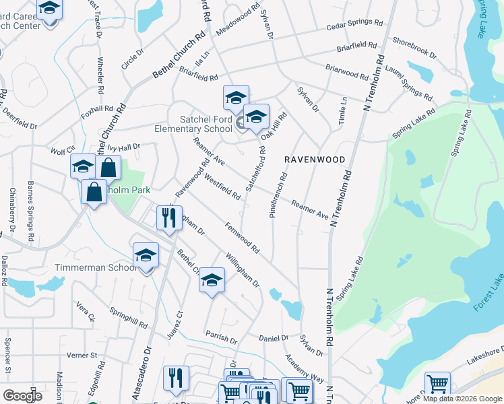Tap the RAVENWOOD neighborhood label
click(314, 160)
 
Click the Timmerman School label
click(104, 267)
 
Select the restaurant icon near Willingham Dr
click(168, 217)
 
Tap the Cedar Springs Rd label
click(354, 24)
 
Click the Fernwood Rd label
click(243, 238)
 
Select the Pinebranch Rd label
click(278, 193)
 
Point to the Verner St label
click(83, 355)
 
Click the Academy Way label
click(304, 367)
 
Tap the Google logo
click(23, 395)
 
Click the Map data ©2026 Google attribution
click(462, 399)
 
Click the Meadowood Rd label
click(238, 22)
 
